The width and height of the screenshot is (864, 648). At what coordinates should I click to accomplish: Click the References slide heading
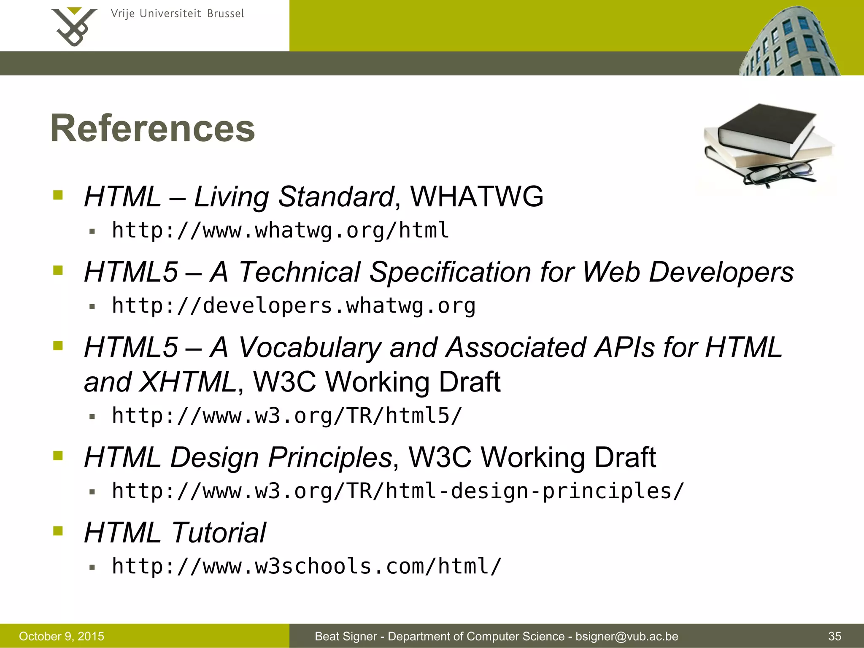point(153,128)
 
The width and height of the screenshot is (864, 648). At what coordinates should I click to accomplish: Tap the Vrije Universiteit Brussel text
point(177,14)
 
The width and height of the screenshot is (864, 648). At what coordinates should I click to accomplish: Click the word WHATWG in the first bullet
point(477,197)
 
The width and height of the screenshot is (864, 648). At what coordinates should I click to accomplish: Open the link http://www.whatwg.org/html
point(280,230)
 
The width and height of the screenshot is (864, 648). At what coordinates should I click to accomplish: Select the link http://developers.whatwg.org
point(294,305)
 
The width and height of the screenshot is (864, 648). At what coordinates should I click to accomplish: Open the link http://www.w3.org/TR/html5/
point(287,416)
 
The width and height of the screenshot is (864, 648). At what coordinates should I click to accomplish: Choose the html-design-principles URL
point(397,491)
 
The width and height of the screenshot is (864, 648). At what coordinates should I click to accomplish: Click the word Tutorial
point(219,532)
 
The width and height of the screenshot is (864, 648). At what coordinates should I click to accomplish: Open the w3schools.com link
point(307,566)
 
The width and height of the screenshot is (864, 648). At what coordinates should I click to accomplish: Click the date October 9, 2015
point(62,636)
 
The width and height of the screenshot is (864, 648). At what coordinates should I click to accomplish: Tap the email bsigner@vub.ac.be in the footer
point(627,636)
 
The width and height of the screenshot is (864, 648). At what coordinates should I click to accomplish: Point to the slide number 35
point(834,636)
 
